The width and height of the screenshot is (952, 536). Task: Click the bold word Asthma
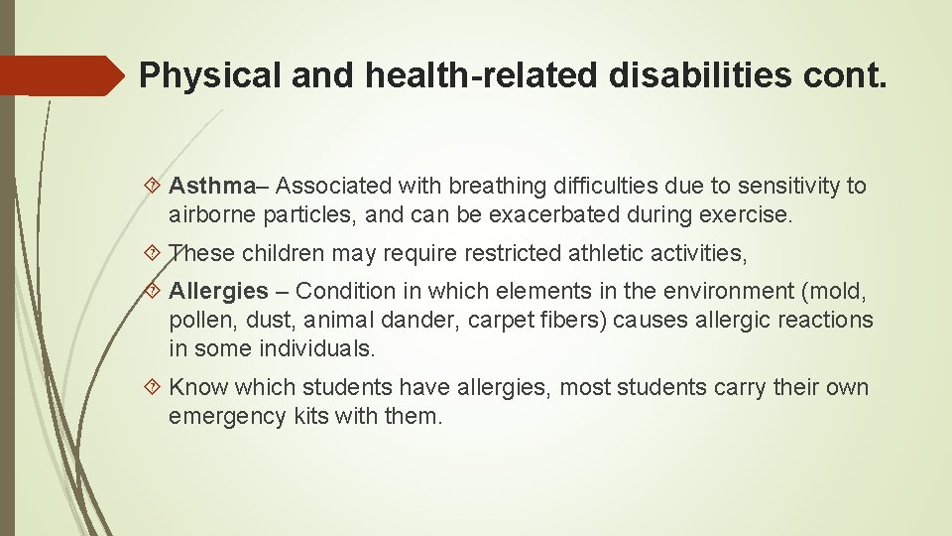tap(211, 186)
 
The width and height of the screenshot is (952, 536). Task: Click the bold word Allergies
tap(218, 291)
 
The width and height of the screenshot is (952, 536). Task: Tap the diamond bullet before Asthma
tap(154, 186)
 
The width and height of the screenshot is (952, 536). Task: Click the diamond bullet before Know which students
tap(154, 388)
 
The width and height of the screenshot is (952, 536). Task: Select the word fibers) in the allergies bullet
tap(577, 321)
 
